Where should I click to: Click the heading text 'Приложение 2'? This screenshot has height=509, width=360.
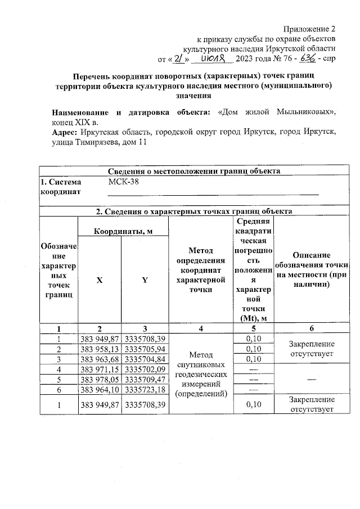pyautogui.click(x=309, y=29)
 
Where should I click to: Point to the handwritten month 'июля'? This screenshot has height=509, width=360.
pyautogui.click(x=214, y=58)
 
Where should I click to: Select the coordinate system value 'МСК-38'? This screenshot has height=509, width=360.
pyautogui.click(x=123, y=182)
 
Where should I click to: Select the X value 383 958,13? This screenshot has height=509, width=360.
pyautogui.click(x=100, y=349)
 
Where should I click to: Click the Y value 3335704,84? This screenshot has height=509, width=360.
pyautogui.click(x=145, y=359)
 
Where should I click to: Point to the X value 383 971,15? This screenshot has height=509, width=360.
pyautogui.click(x=100, y=369)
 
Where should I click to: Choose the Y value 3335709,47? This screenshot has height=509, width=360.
pyautogui.click(x=145, y=379)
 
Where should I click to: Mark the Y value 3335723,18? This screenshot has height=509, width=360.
pyautogui.click(x=145, y=389)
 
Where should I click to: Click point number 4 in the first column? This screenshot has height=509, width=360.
pyautogui.click(x=58, y=369)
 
